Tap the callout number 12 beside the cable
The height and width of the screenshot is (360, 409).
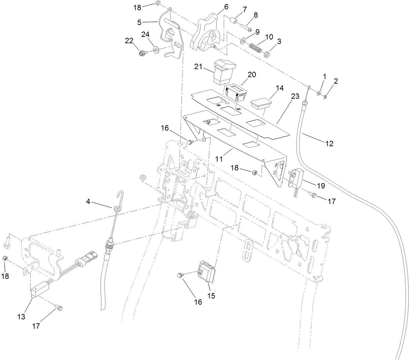[x=329, y=144]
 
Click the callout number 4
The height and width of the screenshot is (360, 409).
[x=88, y=202]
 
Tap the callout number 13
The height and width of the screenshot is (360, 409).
[x=21, y=317]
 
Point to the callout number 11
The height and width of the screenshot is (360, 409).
[x=219, y=159]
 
